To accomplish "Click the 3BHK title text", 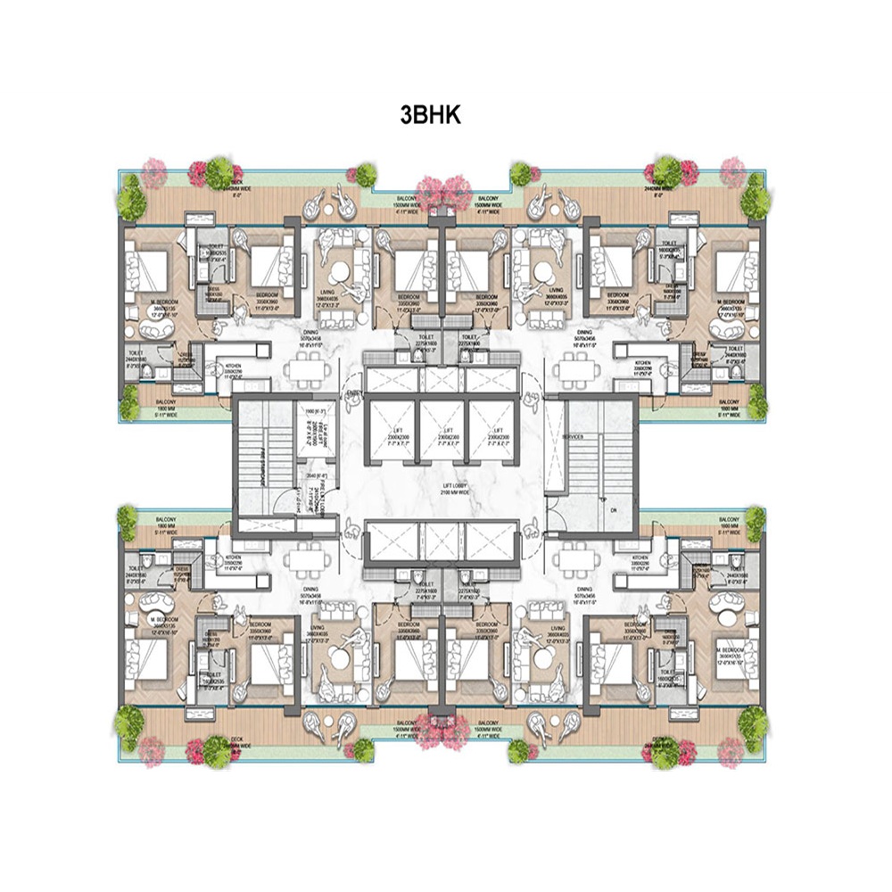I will [x=430, y=116].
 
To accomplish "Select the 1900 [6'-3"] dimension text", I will [x=314, y=410].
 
